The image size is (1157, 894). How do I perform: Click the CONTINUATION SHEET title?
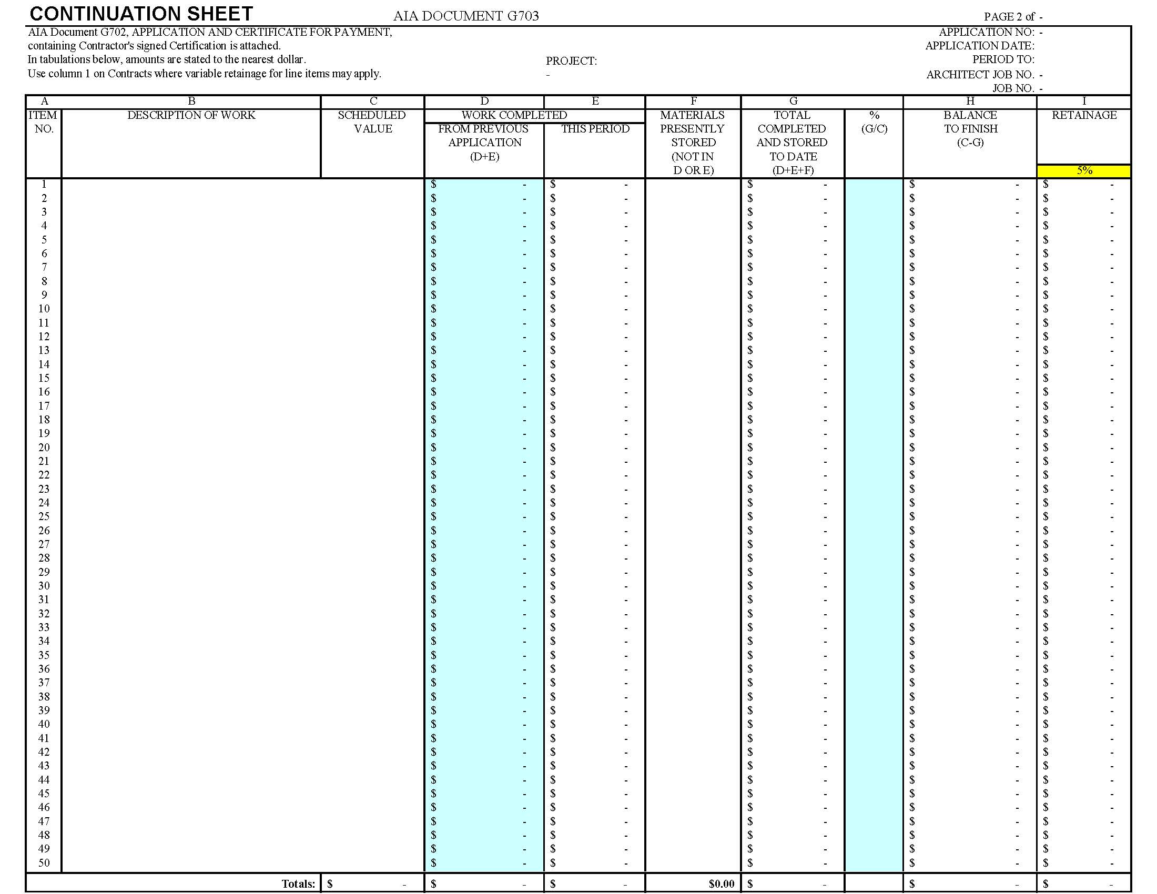click(141, 13)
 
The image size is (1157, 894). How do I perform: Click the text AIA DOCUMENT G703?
click(465, 16)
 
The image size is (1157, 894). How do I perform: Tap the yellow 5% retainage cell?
click(1084, 170)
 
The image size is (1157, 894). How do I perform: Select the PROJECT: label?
click(571, 61)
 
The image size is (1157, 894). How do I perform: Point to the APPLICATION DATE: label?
click(980, 46)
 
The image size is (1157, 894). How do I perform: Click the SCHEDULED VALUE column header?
click(372, 122)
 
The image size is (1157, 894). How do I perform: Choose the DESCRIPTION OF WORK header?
click(191, 115)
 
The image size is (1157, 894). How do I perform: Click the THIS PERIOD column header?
click(595, 129)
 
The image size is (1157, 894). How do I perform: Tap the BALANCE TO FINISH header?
click(970, 129)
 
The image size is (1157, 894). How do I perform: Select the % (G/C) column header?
click(874, 122)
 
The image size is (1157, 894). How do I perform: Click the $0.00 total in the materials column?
click(721, 883)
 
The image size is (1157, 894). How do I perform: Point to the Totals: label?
click(298, 883)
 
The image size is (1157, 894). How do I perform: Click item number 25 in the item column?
click(44, 516)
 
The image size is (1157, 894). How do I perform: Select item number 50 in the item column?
click(44, 863)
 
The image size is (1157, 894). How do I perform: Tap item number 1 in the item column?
click(44, 184)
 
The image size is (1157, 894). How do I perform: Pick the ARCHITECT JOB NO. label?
click(980, 75)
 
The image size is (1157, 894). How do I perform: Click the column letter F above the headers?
click(693, 101)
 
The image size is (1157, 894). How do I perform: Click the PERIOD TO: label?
click(1003, 59)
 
